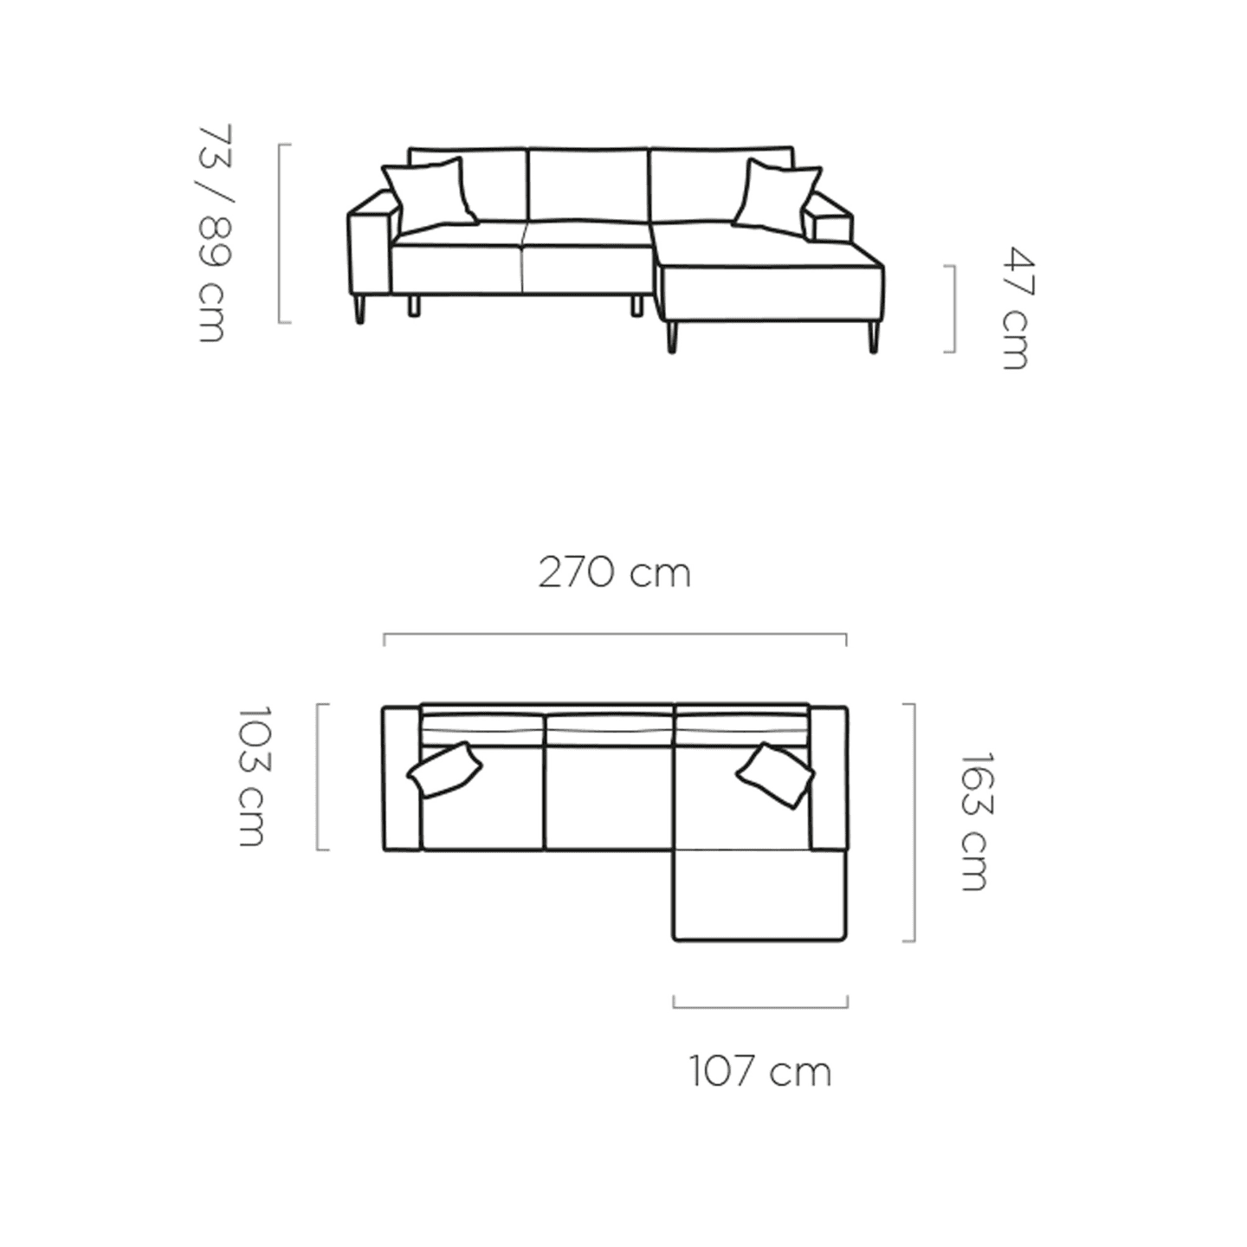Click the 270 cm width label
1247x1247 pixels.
615,573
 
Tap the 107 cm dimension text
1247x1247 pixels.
760,1072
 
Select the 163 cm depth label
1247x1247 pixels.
973,821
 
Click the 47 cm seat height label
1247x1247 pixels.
1017,308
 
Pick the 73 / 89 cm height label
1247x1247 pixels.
214,232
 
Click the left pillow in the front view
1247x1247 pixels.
429,194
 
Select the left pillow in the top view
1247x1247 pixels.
444,769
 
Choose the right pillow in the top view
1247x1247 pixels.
775,774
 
